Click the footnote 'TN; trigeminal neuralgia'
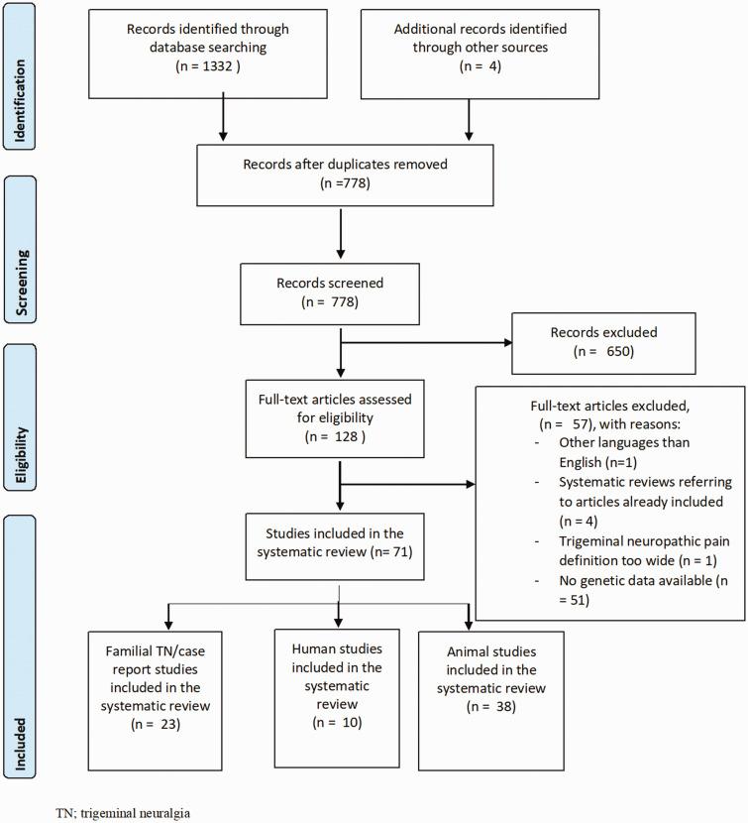coord(122,811)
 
